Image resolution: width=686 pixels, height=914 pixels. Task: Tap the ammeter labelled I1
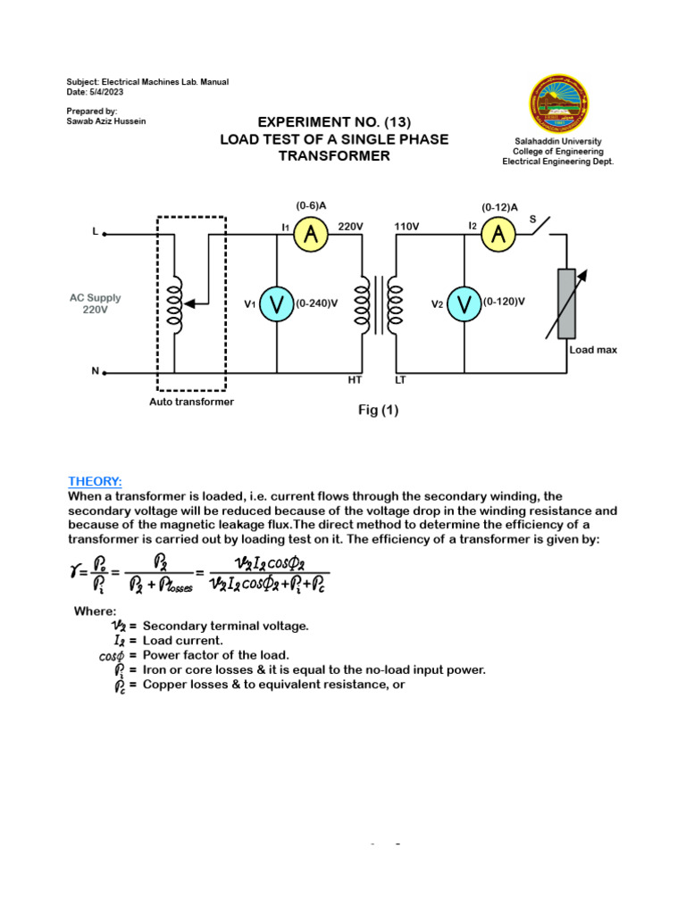311,235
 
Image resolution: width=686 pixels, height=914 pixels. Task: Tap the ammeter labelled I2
498,235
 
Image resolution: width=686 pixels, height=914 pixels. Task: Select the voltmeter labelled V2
464,303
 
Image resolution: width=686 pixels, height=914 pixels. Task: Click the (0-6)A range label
310,206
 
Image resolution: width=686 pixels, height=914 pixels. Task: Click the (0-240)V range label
316,303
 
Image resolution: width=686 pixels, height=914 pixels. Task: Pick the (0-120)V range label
504,303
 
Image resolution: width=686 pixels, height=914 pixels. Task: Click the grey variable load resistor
566,303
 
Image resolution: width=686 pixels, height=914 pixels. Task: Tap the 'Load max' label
593,350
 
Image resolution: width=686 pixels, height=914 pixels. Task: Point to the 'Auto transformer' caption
191,402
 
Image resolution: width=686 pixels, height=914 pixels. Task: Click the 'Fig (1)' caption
379,411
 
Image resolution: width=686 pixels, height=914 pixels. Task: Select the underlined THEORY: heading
95,481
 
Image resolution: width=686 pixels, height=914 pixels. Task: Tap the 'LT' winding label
400,380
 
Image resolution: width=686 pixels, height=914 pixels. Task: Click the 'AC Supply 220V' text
95,303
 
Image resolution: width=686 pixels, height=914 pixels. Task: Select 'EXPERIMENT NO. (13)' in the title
335,122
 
